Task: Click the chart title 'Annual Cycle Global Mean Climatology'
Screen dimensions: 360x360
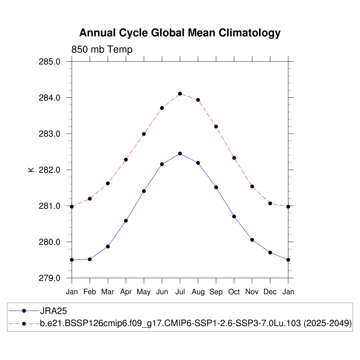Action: (x=180, y=33)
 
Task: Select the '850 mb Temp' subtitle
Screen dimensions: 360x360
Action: (x=102, y=50)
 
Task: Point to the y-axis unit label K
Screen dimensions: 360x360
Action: (x=31, y=169)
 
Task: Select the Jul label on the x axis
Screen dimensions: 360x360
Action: (x=180, y=292)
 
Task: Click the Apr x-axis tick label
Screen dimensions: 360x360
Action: (x=126, y=292)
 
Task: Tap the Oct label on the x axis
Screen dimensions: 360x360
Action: (x=234, y=292)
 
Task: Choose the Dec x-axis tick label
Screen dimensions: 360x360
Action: (x=270, y=292)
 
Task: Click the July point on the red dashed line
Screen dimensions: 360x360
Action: (x=180, y=94)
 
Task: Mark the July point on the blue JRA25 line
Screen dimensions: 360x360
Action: (x=180, y=154)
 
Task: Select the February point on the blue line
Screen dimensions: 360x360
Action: (x=90, y=259)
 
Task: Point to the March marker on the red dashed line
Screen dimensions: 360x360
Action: (x=108, y=184)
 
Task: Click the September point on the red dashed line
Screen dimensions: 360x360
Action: (x=216, y=127)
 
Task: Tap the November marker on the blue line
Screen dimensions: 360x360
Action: (x=252, y=240)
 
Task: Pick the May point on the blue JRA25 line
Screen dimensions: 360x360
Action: (x=144, y=191)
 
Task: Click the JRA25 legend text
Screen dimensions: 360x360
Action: (x=53, y=311)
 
